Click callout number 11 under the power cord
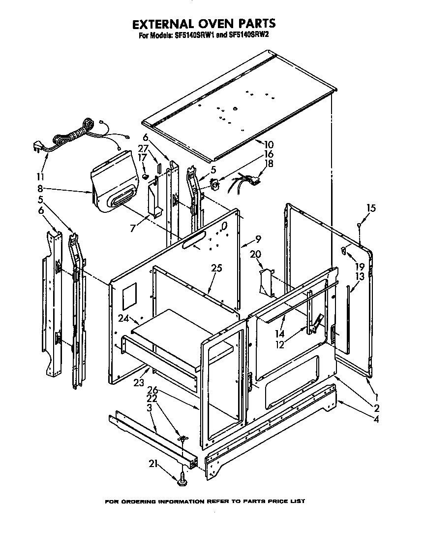(40, 176)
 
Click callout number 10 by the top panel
(269, 145)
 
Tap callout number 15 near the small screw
(371, 208)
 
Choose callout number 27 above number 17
(143, 148)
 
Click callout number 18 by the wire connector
(269, 163)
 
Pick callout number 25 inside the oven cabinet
(216, 269)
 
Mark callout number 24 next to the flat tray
(122, 318)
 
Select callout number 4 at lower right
(376, 420)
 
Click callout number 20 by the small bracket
(255, 254)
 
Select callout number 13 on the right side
(360, 276)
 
